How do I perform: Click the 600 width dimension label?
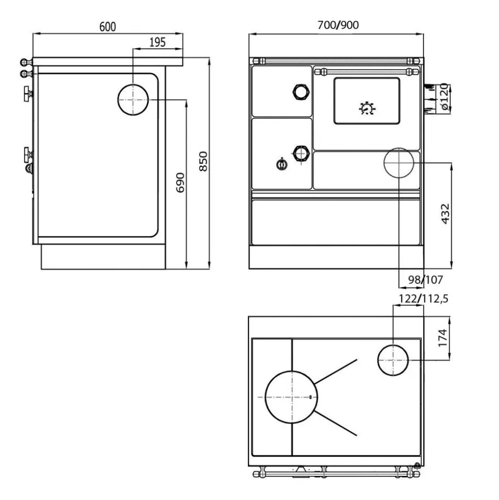pos(108,27)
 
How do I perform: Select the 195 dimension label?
pos(157,42)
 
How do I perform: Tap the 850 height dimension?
pos(203,161)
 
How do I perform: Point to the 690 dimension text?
pos(181,182)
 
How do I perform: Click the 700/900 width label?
pos(338,25)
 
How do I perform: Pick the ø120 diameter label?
pos(445,97)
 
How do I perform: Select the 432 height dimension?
pos(445,214)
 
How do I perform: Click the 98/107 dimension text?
pos(425,280)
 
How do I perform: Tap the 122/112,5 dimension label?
pos(423,299)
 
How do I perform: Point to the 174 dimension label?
pos(443,338)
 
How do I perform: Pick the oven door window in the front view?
pos(367,101)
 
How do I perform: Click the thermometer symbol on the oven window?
pos(367,109)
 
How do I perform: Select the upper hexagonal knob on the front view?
pos(301,92)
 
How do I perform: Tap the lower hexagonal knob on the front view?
pos(301,154)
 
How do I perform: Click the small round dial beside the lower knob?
pos(282,164)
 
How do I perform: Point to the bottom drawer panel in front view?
pos(336,222)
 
